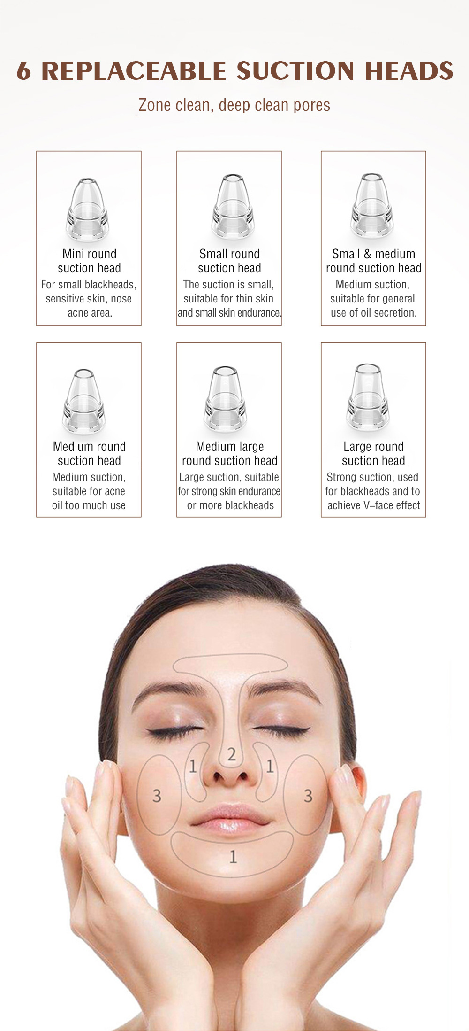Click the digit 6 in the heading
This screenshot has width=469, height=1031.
tap(24, 71)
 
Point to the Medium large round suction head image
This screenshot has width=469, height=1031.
tap(226, 398)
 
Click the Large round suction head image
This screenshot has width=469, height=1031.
tap(368, 395)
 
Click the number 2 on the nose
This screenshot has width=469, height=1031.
tap(231, 754)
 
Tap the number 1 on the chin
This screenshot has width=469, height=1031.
tap(233, 857)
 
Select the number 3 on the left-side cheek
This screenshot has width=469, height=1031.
tap(157, 796)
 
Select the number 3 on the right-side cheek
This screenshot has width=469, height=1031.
tap(308, 796)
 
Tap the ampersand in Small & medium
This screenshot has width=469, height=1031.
tap(366, 254)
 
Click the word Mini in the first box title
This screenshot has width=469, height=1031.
tap(73, 254)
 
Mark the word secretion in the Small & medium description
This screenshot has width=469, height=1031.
tap(393, 313)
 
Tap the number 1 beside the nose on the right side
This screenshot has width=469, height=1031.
tap(270, 767)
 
